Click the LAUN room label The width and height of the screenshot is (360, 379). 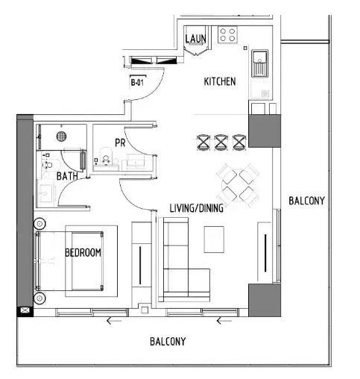point(195,38)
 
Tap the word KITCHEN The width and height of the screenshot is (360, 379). point(220,81)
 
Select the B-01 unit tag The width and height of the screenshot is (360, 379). point(137,83)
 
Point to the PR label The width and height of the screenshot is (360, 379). point(119,142)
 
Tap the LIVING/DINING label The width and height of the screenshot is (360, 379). point(197,209)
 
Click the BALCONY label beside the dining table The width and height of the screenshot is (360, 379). point(306,201)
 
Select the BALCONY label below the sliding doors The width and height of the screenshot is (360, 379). point(168,342)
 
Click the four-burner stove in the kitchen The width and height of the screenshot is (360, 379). point(227,34)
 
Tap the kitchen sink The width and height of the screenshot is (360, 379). point(261,60)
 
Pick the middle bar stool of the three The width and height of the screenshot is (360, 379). point(221,141)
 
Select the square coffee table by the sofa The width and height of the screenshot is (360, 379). point(214,239)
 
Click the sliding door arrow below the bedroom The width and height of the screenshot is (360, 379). point(114,322)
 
